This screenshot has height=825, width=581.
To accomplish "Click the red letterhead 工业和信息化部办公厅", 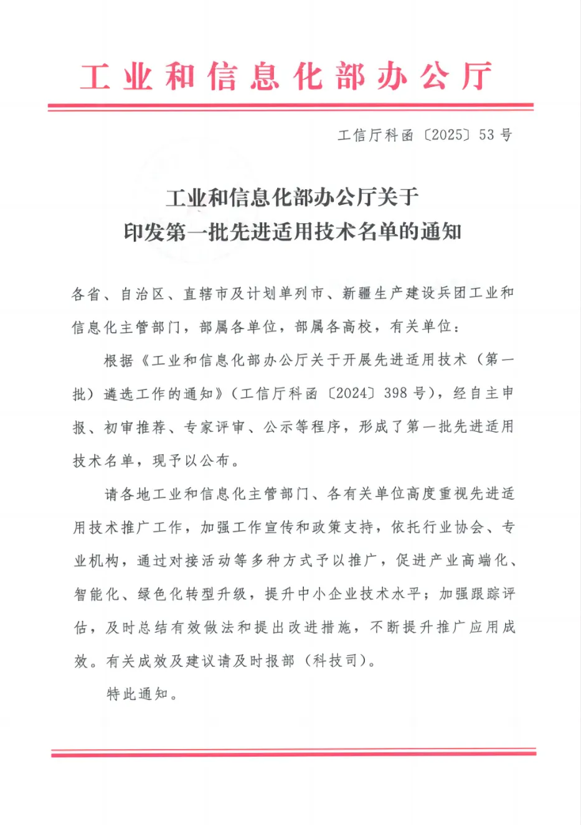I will tap(286, 77).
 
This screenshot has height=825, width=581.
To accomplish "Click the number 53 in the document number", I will tap(486, 134).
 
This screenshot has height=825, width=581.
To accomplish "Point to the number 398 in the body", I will tap(396, 393).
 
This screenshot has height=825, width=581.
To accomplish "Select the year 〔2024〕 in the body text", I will tap(353, 393).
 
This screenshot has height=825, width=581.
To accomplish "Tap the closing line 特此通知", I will tap(138, 693).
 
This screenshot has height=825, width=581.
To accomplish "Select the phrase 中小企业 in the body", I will tap(329, 594).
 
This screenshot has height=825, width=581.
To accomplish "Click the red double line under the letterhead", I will tap(290, 108).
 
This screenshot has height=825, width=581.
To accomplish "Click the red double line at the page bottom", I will tap(293, 752).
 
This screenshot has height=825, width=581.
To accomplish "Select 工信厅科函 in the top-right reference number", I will tap(376, 134).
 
